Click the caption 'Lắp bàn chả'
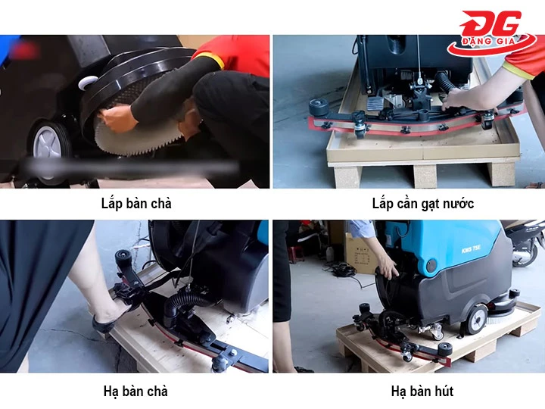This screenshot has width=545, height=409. pyautogui.click(x=136, y=204)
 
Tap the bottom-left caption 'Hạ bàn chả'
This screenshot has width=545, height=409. pyautogui.click(x=135, y=391)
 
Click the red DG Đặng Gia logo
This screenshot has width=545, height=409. pyautogui.click(x=491, y=33)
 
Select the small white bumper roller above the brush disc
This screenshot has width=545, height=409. pyautogui.click(x=89, y=82)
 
